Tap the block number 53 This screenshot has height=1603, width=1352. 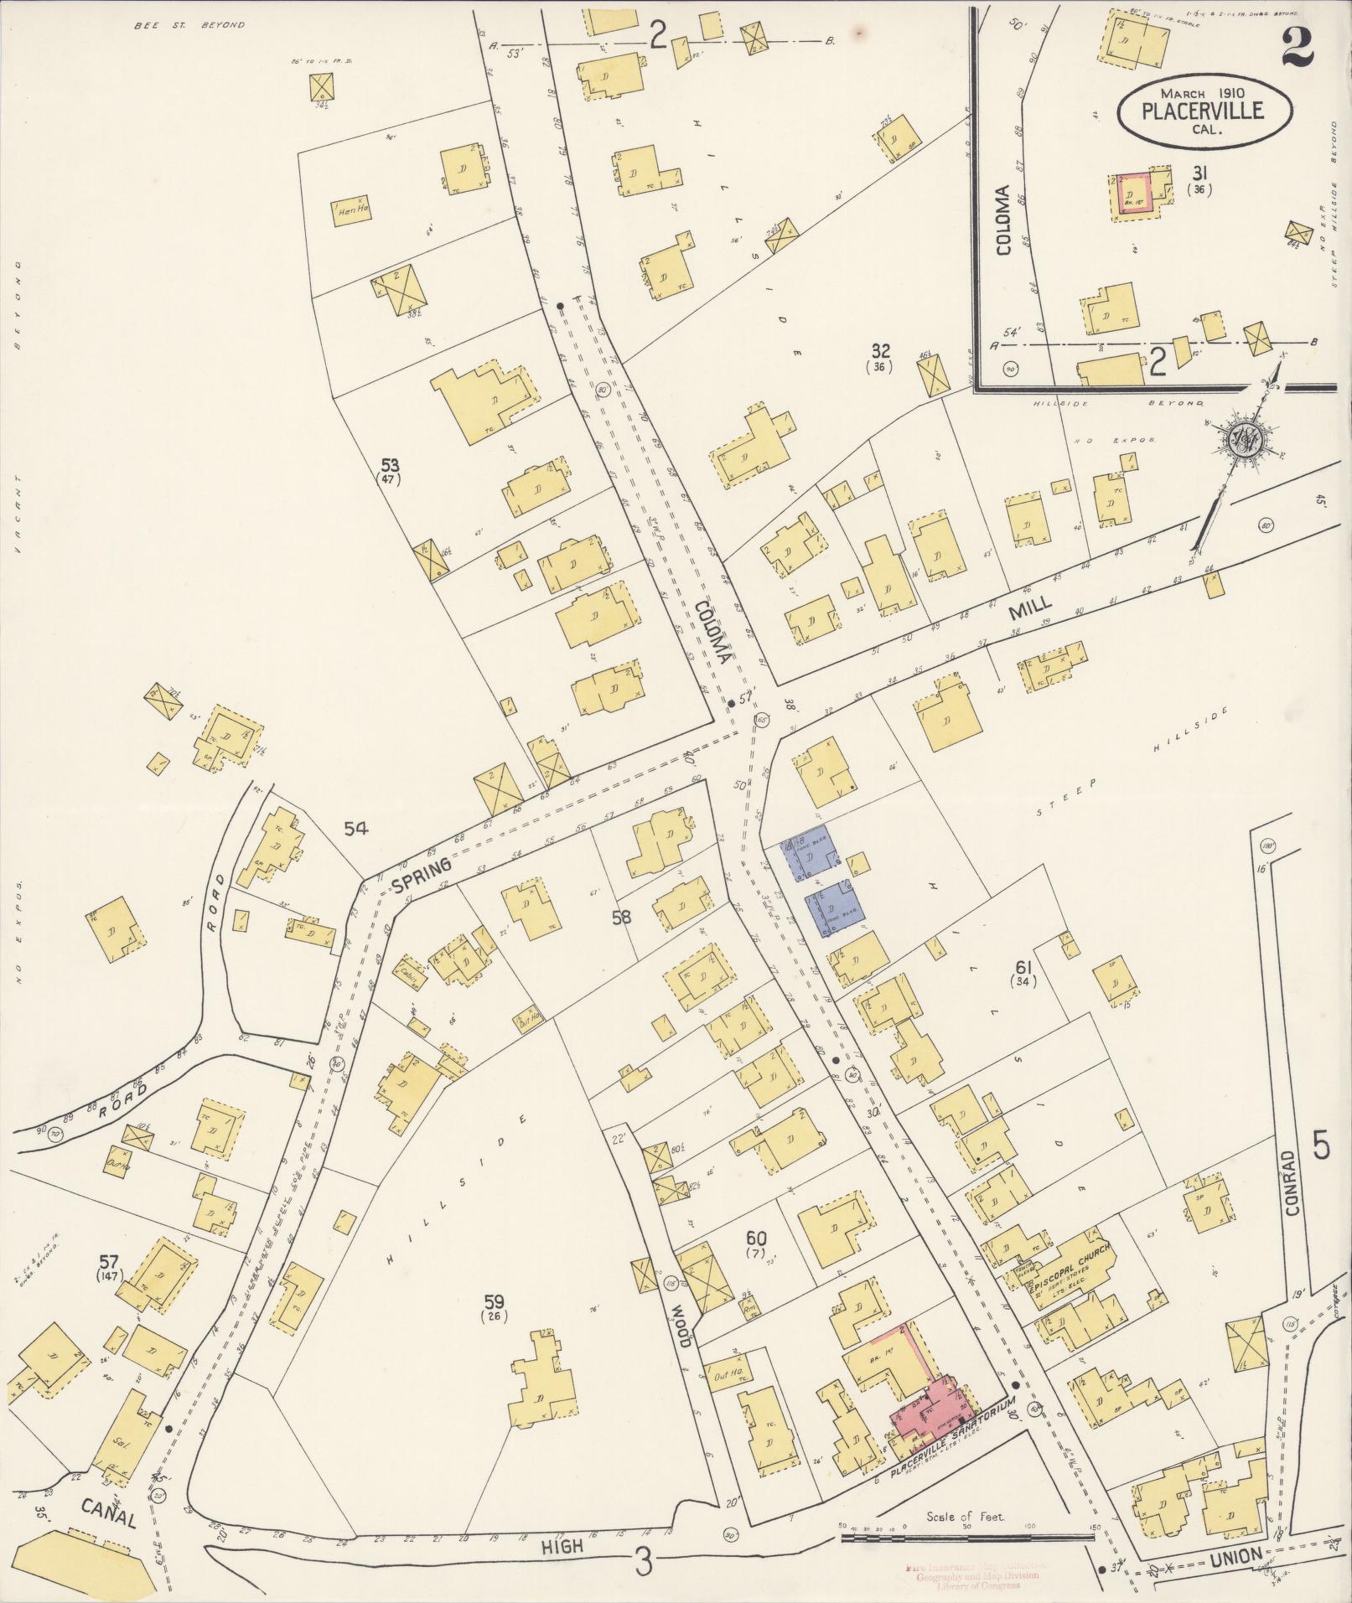pos(390,465)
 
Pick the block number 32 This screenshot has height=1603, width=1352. pos(880,351)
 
